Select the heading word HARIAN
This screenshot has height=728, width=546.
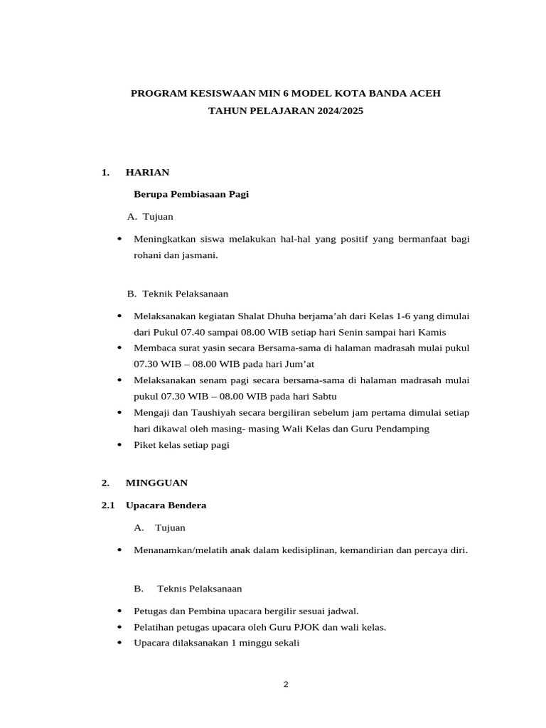146,172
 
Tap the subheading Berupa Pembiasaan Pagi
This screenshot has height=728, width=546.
191,194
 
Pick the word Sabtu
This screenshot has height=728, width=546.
323,396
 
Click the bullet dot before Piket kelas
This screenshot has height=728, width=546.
118,444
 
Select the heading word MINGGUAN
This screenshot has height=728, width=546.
156,483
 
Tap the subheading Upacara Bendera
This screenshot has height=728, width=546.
166,505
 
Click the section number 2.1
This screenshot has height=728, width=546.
108,505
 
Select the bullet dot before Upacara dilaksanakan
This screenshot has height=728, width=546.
118,643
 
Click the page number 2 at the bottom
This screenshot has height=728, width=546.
286,685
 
